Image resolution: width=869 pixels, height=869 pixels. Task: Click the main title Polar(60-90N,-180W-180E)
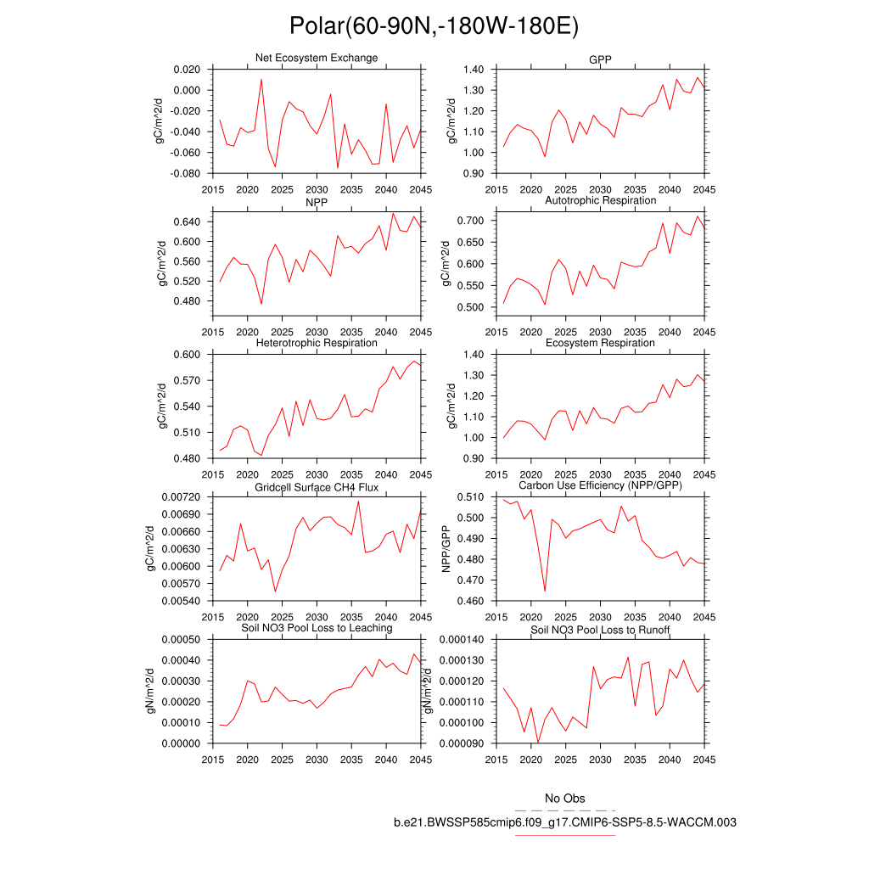434,26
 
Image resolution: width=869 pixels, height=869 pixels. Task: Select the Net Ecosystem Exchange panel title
317,58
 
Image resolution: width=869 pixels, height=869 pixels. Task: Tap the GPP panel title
600,60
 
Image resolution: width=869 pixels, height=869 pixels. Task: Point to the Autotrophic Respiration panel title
600,200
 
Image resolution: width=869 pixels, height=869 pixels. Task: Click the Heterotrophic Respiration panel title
317,343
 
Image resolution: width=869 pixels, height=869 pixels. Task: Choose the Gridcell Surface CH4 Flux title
317,487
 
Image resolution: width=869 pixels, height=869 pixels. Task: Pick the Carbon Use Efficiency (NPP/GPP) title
600,485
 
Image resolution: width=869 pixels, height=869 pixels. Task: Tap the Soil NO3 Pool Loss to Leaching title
317,628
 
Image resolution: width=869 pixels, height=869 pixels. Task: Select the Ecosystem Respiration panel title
600,343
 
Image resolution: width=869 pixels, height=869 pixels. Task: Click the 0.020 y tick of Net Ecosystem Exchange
186,70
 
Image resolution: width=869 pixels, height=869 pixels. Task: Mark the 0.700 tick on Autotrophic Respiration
469,221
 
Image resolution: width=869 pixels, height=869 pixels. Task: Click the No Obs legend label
564,799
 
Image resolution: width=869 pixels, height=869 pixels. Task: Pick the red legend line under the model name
564,835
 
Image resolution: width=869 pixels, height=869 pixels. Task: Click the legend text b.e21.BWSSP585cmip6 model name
564,822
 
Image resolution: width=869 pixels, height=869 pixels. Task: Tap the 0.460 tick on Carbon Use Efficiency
469,601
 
